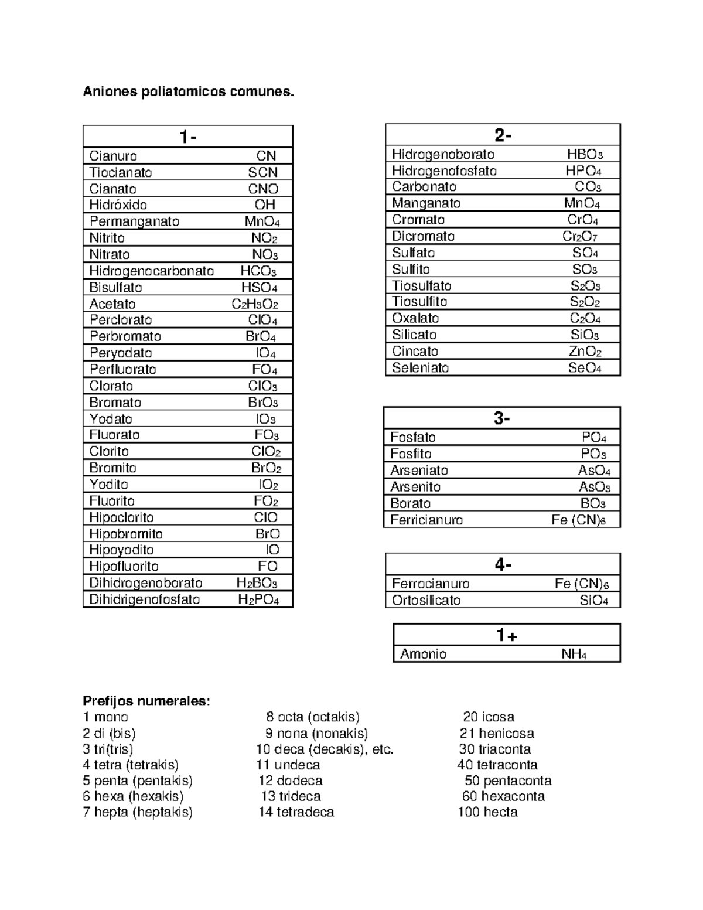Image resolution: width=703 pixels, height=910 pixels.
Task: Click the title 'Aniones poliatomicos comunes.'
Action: (188, 92)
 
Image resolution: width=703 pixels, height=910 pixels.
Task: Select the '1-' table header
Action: (187, 137)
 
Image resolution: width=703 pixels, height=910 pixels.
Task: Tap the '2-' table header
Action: (503, 135)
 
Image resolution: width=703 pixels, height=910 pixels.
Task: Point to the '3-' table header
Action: (501, 418)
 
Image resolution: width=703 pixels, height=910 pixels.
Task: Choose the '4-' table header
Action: (503, 564)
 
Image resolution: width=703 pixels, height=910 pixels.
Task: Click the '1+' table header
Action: (506, 635)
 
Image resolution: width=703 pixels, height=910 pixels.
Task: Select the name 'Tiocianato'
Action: (121, 172)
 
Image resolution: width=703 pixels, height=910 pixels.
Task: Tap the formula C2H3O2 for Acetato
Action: (255, 304)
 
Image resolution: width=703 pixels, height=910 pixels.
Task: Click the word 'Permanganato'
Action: (134, 221)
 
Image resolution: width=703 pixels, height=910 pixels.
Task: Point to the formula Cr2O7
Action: (580, 236)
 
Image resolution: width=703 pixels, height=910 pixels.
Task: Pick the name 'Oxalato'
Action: (415, 318)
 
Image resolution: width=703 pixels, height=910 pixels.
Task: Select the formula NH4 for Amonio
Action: (574, 654)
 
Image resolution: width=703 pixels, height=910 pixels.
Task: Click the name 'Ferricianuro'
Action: (426, 520)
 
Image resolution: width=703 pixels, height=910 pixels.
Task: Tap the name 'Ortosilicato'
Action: (426, 600)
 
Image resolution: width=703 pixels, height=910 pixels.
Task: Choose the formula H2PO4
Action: (258, 599)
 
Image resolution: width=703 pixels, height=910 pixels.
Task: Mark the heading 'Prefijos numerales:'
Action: (146, 701)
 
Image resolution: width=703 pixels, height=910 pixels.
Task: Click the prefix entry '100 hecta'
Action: (487, 812)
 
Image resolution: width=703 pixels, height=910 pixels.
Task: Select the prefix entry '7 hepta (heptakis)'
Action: (138, 812)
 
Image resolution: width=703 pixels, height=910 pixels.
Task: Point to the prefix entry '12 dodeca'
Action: (291, 781)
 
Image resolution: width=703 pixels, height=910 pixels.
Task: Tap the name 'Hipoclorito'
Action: (121, 517)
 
